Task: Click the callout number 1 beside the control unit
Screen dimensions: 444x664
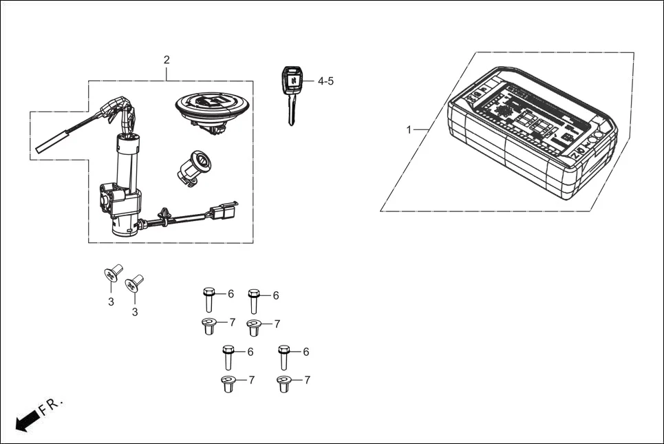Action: pos(409,129)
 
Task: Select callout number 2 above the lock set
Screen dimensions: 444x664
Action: pos(167,60)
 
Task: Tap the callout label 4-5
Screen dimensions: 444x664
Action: pos(325,81)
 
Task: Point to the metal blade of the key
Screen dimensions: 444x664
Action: pos(292,109)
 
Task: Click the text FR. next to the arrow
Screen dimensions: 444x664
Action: pos(52,405)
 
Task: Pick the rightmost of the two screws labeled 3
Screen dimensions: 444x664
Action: pos(134,283)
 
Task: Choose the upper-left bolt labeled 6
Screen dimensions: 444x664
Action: pos(209,299)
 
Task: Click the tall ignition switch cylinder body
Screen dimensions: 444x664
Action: pos(125,165)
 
